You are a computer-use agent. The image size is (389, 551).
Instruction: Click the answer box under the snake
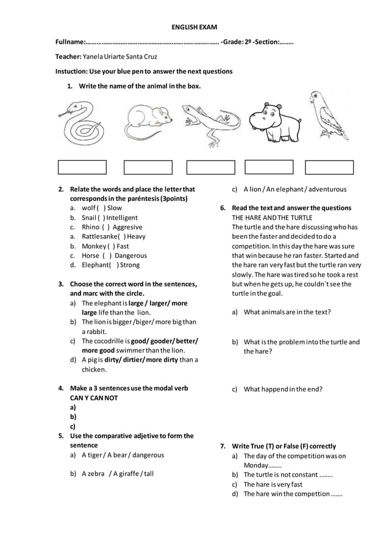[x=82, y=167]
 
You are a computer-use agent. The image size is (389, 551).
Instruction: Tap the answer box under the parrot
[x=329, y=167]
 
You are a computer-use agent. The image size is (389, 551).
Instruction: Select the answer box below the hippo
[x=269, y=167]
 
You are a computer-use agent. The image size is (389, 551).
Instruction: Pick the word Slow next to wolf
[x=115, y=208]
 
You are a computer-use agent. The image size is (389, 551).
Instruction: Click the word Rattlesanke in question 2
[x=101, y=236]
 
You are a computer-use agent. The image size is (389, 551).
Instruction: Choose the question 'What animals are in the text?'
[x=287, y=312]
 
